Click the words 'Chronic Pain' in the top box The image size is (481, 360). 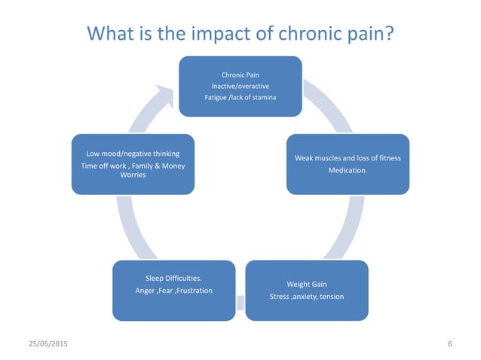tap(240, 75)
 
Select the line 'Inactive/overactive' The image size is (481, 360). tap(240, 87)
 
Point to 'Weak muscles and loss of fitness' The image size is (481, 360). tap(348, 158)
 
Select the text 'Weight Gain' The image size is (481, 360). tap(306, 285)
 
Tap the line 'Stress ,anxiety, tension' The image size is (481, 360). tap(306, 297)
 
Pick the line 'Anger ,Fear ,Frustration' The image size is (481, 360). tap(173, 291)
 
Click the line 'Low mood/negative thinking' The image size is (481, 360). tap(133, 154)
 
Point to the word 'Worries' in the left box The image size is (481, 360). tap(133, 175)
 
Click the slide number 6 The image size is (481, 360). tap(449, 344)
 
